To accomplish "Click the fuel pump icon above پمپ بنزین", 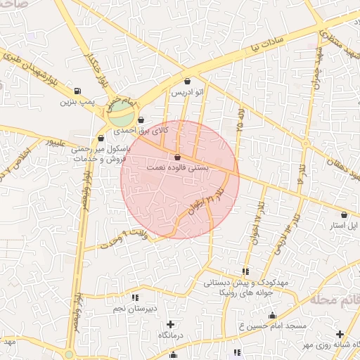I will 77,91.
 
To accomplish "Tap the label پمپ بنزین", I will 76,103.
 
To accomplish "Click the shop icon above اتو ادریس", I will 187,82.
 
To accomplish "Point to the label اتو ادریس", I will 188,93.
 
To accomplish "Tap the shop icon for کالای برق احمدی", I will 142,120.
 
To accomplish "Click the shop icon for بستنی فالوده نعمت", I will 176,157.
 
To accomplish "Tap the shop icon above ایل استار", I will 344,214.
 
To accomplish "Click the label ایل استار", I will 343,226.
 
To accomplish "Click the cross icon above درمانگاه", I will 171,325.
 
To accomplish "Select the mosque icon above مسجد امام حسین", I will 272,316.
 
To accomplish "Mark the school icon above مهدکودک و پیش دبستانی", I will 245,271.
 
